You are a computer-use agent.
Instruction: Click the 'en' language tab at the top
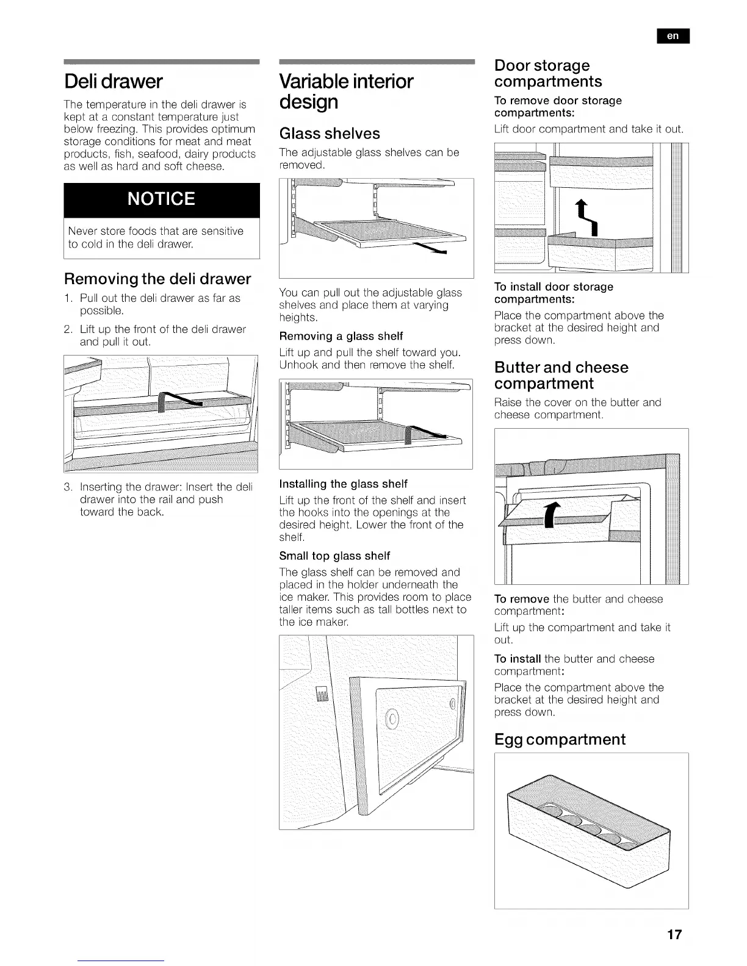[x=673, y=37]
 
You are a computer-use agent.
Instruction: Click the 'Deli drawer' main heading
[x=114, y=81]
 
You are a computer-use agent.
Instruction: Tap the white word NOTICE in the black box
[x=162, y=199]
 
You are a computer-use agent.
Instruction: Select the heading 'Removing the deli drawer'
[x=157, y=279]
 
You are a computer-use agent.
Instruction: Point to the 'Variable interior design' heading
[x=346, y=91]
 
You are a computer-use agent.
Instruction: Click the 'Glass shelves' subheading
[x=330, y=134]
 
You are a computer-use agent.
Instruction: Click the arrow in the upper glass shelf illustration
[x=430, y=248]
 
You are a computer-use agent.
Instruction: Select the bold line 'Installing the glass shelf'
[x=343, y=484]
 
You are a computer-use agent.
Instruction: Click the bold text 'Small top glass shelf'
[x=334, y=556]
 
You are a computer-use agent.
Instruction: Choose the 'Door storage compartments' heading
[x=547, y=73]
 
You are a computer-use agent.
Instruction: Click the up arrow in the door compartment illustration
[x=589, y=217]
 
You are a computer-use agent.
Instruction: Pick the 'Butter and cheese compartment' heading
[x=561, y=375]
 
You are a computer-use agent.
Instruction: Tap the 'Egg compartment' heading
[x=560, y=739]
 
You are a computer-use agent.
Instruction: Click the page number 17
[x=674, y=934]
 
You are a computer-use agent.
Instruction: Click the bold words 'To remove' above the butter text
[x=522, y=599]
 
